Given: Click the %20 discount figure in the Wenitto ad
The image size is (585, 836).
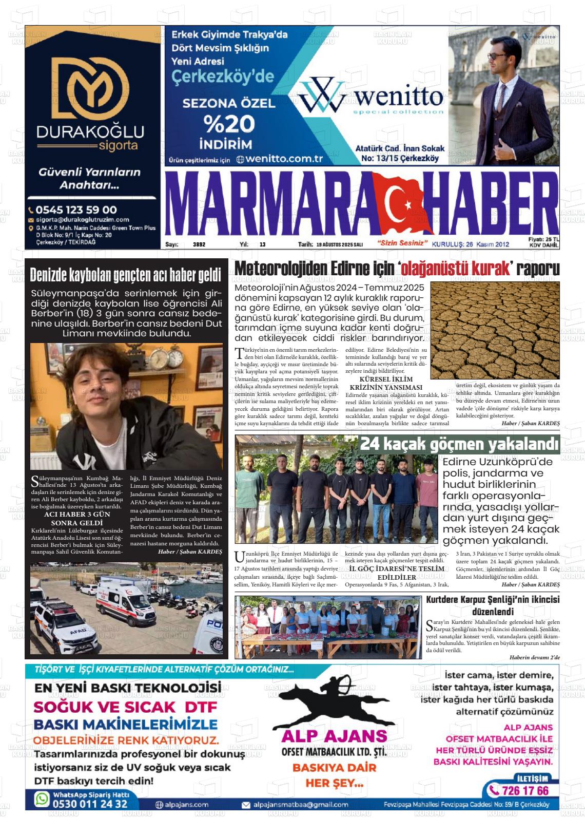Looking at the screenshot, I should pyautogui.click(x=229, y=124).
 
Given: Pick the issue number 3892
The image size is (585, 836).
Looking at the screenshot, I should pyautogui.click(x=199, y=244).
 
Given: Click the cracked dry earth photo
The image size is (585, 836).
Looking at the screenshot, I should pyautogui.click(x=495, y=330).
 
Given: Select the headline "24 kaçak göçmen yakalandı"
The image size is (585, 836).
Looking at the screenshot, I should pyautogui.click(x=459, y=443).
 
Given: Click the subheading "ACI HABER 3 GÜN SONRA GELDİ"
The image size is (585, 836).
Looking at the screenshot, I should pyautogui.click(x=77, y=518).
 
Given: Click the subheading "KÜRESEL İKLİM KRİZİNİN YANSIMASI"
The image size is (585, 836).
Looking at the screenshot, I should pyautogui.click(x=385, y=383).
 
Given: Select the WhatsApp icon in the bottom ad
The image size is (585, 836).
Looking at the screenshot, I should pyautogui.click(x=42, y=799).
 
